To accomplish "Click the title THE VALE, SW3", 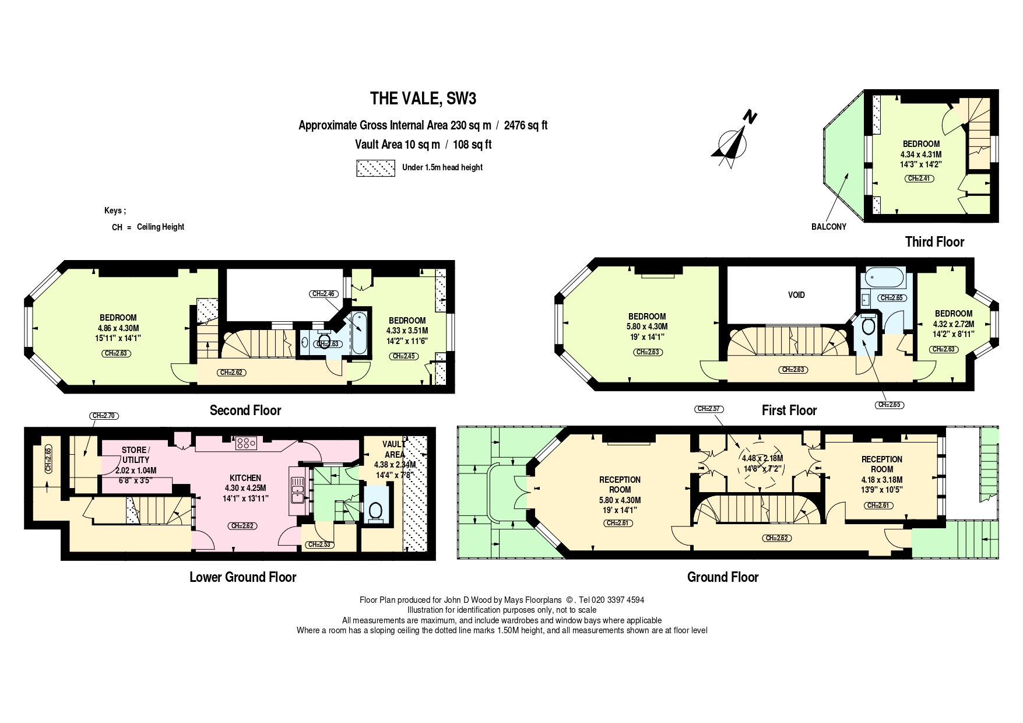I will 423,99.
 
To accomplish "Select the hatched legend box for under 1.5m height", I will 375,168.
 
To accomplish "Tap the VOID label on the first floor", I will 796,295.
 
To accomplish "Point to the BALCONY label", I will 828,227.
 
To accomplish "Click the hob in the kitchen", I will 246,444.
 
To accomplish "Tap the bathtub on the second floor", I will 358,332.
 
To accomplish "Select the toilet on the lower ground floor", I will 375,511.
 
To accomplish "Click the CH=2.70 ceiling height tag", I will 104,416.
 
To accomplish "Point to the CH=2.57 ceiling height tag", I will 709,409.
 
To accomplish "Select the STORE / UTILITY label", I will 135,455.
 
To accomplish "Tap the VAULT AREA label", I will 394,449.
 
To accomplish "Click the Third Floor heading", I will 934,241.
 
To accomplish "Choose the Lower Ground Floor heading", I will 242,577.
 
